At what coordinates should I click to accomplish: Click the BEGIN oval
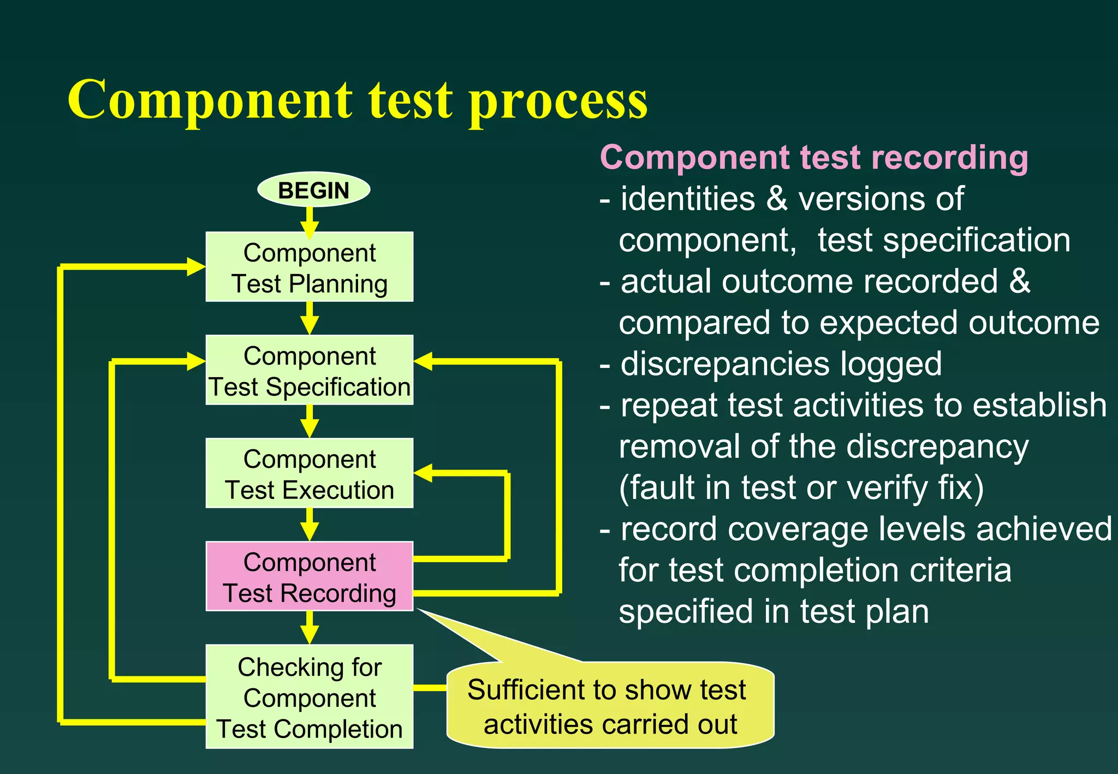(x=313, y=190)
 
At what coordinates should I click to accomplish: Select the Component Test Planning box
(x=309, y=267)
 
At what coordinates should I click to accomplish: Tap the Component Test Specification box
(x=309, y=370)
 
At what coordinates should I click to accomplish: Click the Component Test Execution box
(x=309, y=473)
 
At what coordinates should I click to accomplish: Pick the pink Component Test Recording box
(x=309, y=576)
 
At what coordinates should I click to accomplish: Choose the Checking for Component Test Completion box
(x=309, y=696)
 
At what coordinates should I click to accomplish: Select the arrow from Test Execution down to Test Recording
(x=310, y=525)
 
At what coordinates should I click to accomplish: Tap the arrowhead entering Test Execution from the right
(x=424, y=473)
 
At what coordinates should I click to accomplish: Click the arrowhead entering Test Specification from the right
(x=424, y=361)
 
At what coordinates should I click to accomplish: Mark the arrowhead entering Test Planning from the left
(x=195, y=267)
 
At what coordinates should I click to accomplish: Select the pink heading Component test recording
(x=813, y=158)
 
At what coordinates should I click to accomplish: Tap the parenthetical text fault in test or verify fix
(x=801, y=487)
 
